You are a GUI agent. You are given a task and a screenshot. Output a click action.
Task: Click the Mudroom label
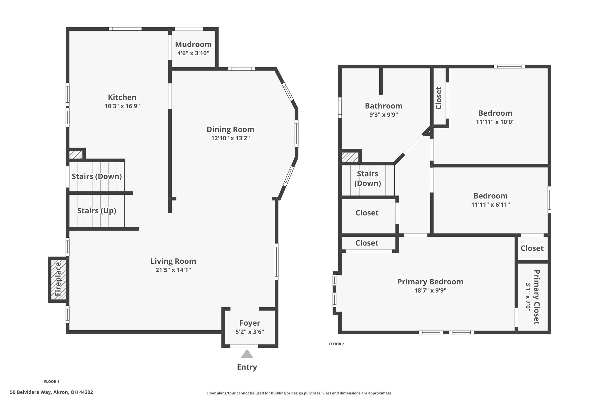click(x=193, y=44)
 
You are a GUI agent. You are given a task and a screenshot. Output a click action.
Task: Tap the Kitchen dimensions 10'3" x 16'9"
click(x=122, y=106)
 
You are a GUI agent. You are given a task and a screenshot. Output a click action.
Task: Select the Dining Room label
click(x=230, y=129)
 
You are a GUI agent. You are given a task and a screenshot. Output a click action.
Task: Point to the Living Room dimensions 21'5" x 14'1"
click(x=173, y=270)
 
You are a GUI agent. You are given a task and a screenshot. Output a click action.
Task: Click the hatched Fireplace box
click(x=58, y=279)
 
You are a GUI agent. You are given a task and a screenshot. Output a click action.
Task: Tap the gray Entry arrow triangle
click(x=247, y=354)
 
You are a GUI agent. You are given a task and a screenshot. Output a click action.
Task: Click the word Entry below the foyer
click(x=247, y=367)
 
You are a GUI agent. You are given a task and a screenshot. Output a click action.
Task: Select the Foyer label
click(x=250, y=323)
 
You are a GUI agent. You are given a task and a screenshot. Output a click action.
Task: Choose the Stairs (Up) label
click(x=97, y=211)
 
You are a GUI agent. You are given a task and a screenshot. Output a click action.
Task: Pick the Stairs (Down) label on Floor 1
click(x=97, y=177)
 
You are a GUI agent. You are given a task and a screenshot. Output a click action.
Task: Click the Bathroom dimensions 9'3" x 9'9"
click(x=383, y=115)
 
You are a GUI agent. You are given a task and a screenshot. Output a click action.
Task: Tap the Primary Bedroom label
click(x=430, y=282)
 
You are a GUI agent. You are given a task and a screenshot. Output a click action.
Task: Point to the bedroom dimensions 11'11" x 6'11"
click(x=490, y=205)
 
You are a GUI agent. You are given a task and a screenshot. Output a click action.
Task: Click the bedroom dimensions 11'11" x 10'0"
click(x=495, y=122)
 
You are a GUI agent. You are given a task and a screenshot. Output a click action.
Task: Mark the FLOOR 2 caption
click(x=337, y=344)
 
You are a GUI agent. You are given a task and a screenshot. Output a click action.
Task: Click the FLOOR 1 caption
click(x=51, y=381)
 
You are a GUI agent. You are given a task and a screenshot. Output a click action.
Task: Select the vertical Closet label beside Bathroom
click(x=438, y=98)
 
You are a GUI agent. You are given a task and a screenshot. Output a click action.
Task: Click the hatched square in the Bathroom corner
click(x=350, y=157)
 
